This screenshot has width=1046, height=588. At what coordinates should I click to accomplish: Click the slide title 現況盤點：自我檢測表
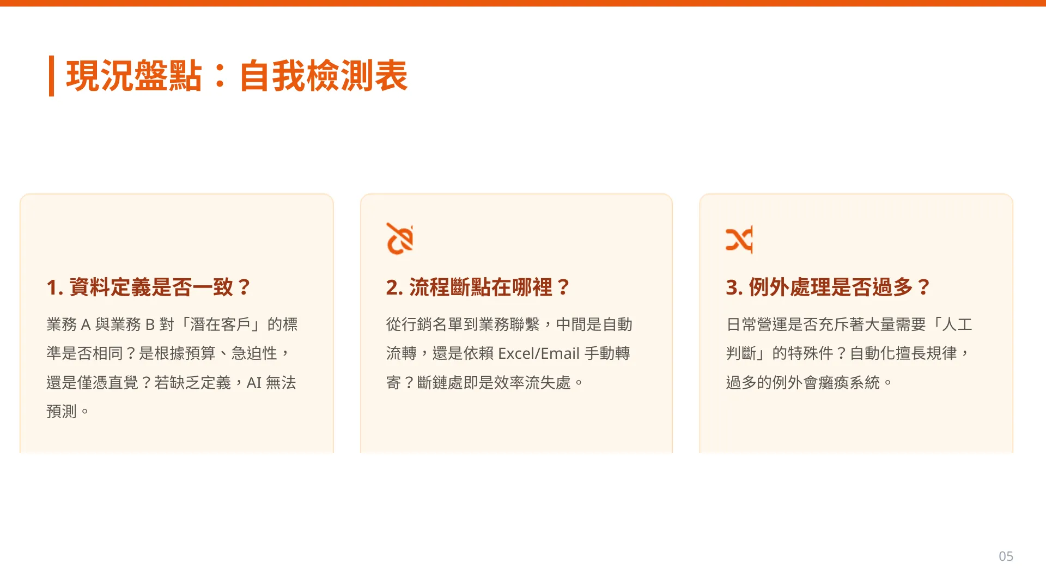click(237, 76)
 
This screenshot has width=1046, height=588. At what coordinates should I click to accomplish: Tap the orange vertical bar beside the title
click(51, 76)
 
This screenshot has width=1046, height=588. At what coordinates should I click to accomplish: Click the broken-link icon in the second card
click(400, 238)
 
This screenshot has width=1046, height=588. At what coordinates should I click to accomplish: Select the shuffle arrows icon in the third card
click(739, 239)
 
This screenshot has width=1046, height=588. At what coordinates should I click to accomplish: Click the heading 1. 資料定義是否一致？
click(149, 287)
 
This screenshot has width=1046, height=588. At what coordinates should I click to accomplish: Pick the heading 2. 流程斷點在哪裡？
click(478, 287)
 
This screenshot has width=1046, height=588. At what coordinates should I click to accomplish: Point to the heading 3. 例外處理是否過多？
click(828, 287)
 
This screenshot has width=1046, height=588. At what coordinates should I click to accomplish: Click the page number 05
click(1006, 556)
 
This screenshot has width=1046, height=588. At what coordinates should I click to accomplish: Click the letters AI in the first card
click(254, 383)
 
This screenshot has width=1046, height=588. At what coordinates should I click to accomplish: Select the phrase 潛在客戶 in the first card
click(220, 324)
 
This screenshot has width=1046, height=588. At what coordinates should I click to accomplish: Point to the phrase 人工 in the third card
click(957, 324)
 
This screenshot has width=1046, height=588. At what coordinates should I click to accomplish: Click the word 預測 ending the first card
click(62, 412)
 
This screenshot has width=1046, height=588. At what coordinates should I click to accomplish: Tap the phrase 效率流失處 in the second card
click(532, 383)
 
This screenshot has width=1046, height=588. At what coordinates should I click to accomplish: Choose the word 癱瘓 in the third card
click(834, 383)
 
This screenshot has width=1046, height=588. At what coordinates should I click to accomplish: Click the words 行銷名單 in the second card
click(432, 324)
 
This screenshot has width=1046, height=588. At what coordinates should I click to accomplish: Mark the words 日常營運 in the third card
click(757, 324)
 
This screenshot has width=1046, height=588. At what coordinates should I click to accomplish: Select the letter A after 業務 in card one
click(86, 324)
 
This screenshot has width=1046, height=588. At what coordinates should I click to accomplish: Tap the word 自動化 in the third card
click(873, 353)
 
